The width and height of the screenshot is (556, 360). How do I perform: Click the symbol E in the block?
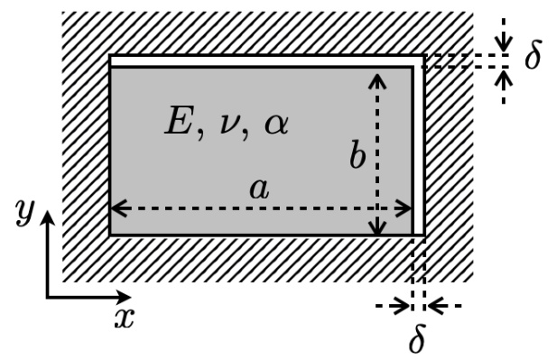click(x=178, y=123)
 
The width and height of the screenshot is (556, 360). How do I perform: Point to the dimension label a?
click(x=259, y=189)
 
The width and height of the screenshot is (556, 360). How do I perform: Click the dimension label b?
click(x=357, y=157)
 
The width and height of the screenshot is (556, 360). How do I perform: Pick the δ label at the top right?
click(x=533, y=58)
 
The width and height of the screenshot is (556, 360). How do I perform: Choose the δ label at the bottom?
click(x=417, y=340)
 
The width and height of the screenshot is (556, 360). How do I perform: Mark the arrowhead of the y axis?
click(x=47, y=217)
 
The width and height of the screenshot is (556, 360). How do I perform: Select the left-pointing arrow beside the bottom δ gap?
click(x=435, y=307)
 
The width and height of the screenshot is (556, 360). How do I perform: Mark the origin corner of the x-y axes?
click(x=47, y=295)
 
